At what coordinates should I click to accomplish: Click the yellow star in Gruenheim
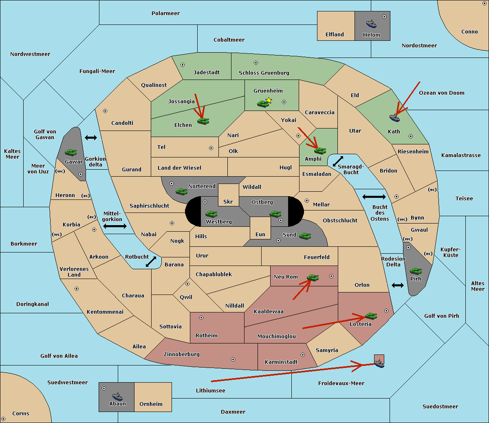point(269,100)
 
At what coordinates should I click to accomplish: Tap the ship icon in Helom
point(371,24)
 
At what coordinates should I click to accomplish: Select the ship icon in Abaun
point(118,396)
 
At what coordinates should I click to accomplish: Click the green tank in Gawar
point(71,153)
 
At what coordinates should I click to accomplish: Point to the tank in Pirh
point(416,271)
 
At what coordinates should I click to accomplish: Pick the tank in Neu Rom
point(313,277)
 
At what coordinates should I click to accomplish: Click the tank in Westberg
point(211,214)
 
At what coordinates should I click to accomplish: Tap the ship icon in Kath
point(394,118)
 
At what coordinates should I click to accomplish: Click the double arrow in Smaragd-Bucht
point(338,161)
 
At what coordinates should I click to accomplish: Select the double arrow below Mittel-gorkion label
point(115,226)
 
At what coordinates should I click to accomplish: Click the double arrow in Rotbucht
point(151,262)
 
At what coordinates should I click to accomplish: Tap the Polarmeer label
point(165,13)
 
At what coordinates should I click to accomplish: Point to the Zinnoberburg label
point(182,354)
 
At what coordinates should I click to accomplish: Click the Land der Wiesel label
point(179,168)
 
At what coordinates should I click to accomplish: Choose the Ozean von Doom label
point(442,93)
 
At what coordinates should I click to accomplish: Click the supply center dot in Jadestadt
point(183,65)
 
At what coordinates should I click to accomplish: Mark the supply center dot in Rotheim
point(201,318)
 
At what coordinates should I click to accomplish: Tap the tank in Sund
point(305,236)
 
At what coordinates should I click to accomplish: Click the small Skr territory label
point(228,202)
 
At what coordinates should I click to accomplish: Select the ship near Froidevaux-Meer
point(379,363)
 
